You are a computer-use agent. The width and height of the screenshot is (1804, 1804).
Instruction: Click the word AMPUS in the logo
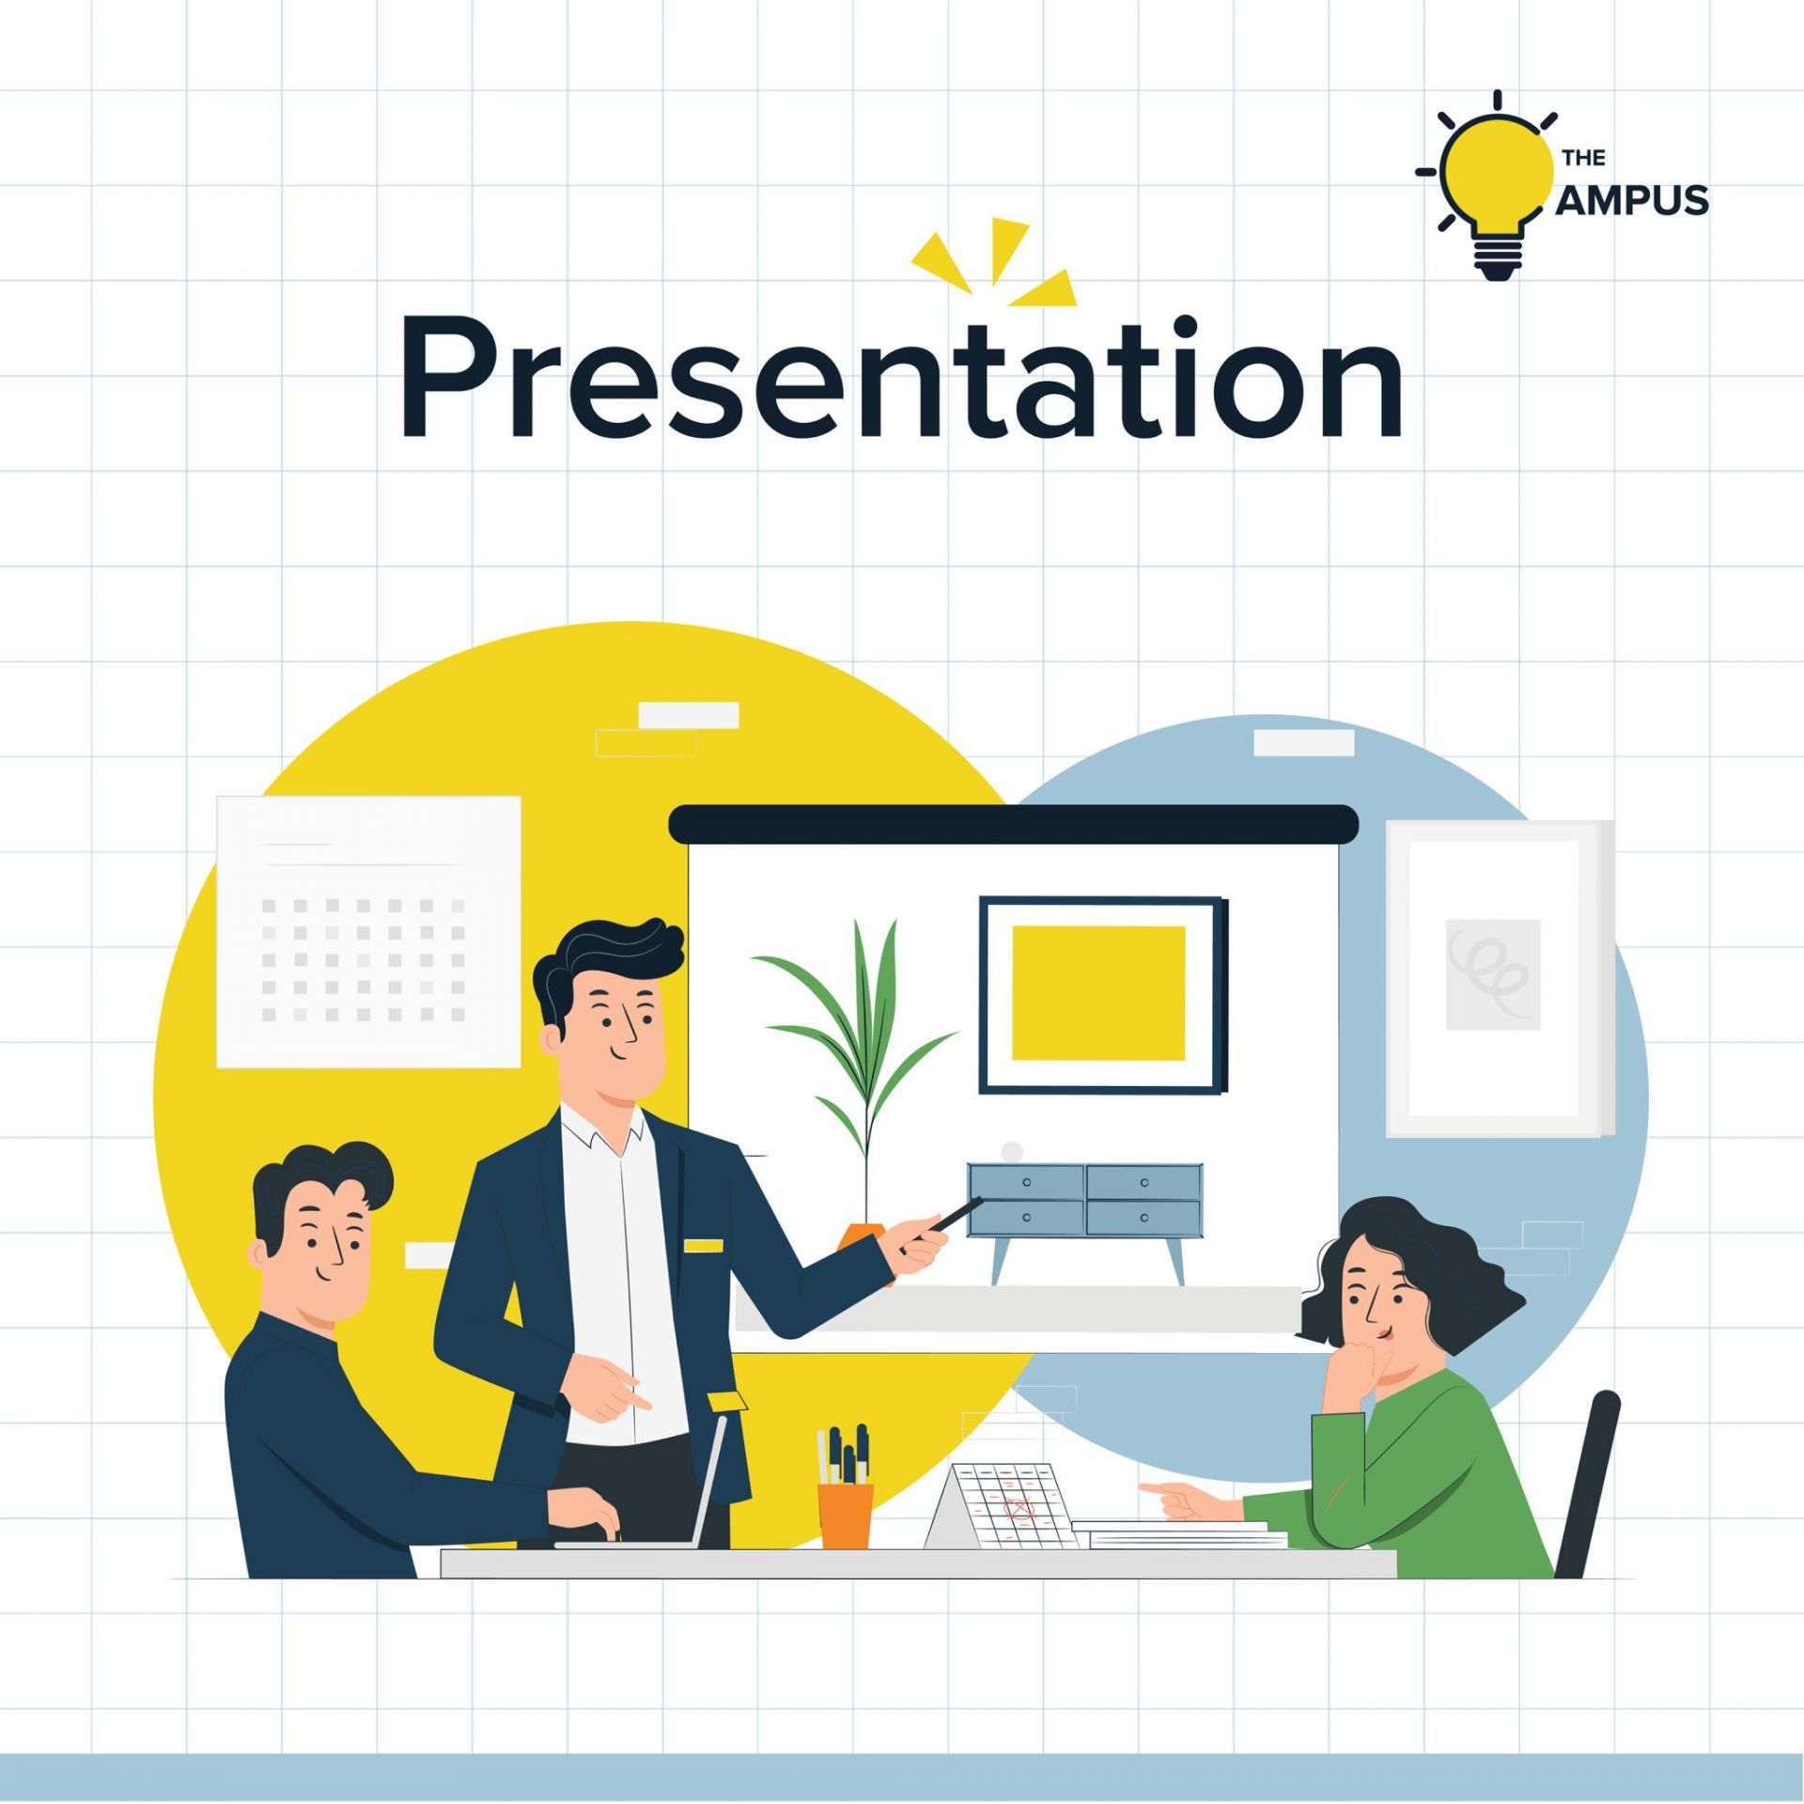tap(1632, 200)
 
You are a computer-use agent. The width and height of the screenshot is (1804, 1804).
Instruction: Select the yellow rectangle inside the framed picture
tap(1098, 992)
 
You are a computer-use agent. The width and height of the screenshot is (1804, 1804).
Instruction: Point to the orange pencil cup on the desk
tap(846, 1515)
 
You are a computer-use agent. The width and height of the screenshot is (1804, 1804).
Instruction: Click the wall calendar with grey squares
tap(368, 931)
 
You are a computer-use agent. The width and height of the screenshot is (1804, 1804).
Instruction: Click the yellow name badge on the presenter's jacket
tap(704, 1246)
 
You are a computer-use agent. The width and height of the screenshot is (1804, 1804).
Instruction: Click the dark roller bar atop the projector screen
tap(1013, 823)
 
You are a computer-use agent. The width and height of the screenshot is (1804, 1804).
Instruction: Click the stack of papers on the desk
tap(1179, 1535)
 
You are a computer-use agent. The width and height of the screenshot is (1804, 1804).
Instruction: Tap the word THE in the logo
tap(1584, 157)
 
